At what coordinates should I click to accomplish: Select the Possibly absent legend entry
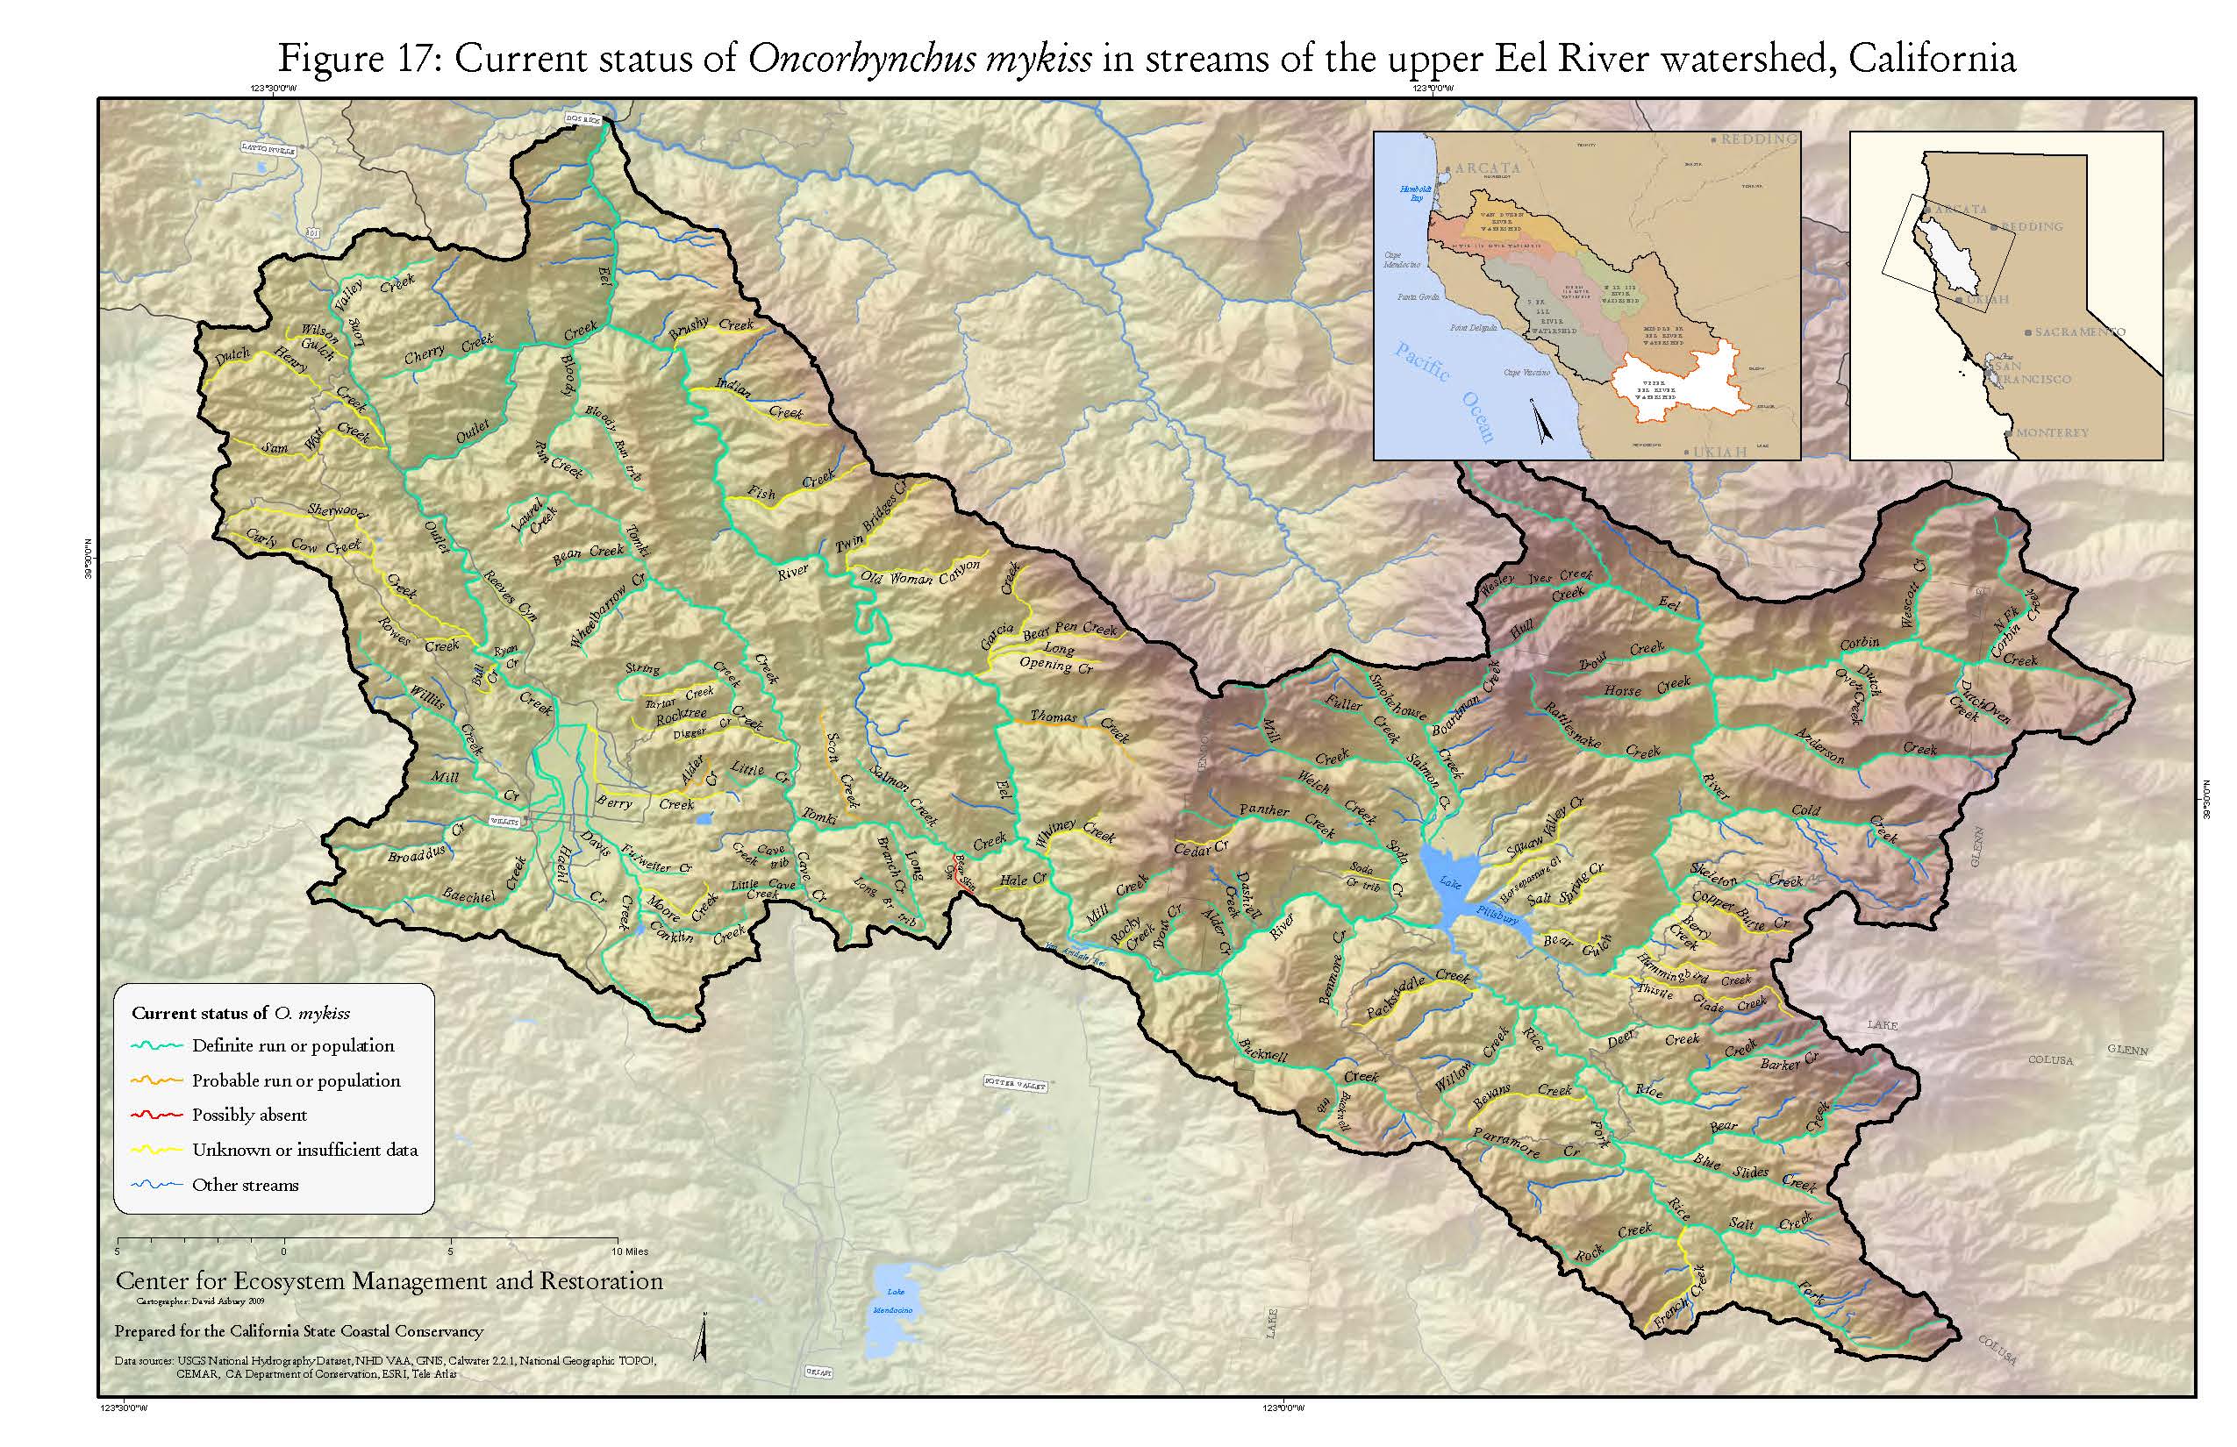click(249, 1116)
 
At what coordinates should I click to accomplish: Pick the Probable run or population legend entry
click(295, 1080)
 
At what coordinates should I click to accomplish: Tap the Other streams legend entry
click(245, 1185)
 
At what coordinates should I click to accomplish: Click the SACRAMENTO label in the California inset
click(2078, 331)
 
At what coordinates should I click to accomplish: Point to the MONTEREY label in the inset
click(2051, 433)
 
